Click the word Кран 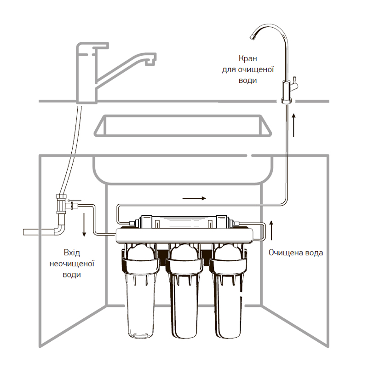[x=247, y=59]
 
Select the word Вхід [x=71, y=253]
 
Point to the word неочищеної [x=71, y=264]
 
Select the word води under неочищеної [x=71, y=275]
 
